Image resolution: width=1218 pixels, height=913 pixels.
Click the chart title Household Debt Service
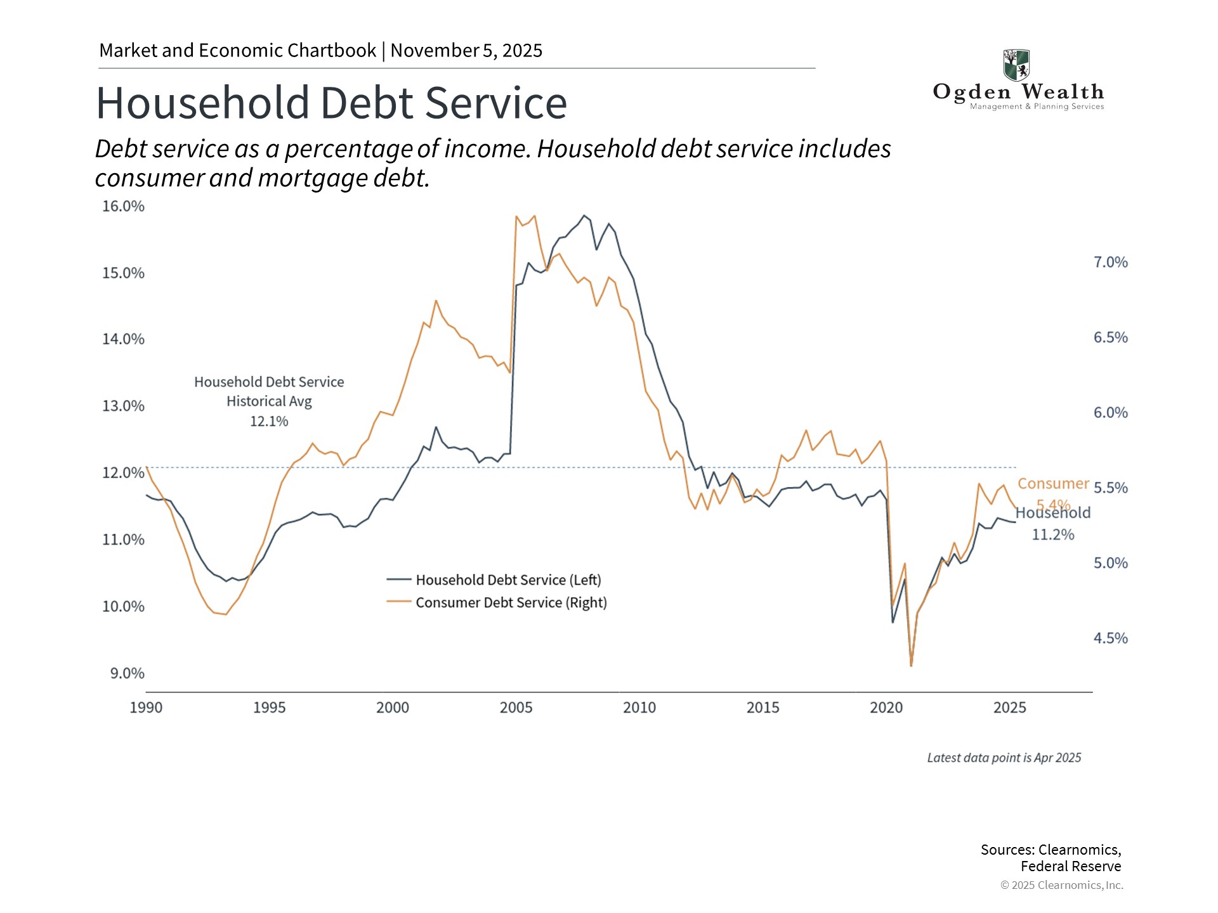[331, 103]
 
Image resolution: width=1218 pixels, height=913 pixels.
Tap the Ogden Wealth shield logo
[1016, 65]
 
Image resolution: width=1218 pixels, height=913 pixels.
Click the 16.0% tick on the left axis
[123, 207]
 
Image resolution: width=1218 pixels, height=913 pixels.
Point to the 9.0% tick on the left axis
[127, 673]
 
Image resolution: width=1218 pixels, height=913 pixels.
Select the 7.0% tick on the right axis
[1110, 262]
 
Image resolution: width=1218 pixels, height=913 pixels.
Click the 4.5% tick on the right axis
[1110, 638]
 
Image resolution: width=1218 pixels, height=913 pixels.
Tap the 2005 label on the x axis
[516, 708]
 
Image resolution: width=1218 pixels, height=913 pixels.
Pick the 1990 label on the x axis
[146, 708]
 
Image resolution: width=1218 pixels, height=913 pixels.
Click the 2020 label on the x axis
[886, 708]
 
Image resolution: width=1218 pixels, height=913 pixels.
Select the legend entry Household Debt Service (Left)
[507, 580]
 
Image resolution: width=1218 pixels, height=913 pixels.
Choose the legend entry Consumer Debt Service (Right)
[511, 603]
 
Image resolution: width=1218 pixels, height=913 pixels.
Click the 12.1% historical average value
[269, 422]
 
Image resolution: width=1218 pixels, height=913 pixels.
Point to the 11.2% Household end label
[1052, 535]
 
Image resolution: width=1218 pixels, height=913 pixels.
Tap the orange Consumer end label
[1052, 484]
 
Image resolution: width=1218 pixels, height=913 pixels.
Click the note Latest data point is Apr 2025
[1004, 758]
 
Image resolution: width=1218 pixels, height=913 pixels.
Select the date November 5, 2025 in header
[466, 51]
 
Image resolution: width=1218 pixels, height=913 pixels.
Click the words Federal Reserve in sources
[1070, 867]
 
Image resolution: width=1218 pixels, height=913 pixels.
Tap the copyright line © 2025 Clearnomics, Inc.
[1061, 886]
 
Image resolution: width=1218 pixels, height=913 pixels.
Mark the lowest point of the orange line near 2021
[911, 665]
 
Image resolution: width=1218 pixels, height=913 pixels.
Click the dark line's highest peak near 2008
[584, 216]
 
